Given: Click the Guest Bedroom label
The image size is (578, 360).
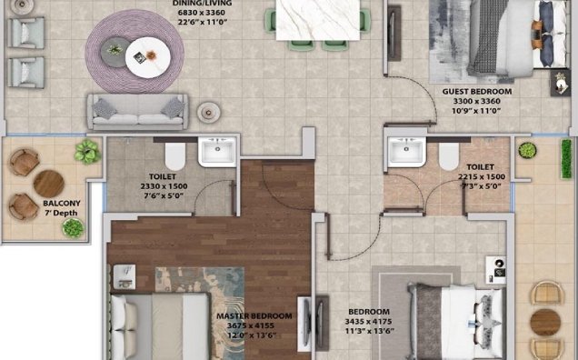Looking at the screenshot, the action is tap(477, 92).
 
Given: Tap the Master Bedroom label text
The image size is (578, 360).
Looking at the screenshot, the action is tap(254, 316).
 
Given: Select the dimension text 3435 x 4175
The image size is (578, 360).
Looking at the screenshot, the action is tap(368, 322).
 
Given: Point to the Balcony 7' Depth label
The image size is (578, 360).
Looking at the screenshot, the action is tap(61, 208).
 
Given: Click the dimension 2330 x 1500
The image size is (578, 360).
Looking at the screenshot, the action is tap(164, 186).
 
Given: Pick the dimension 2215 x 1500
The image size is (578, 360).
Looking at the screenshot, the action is tap(482, 176).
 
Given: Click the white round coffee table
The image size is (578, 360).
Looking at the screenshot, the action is tap(147, 57).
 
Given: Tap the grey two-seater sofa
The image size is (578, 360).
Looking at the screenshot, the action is tap(137, 112).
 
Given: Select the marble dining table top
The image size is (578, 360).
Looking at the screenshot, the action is tap(318, 20).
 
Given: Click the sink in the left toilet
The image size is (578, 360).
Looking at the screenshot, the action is tap(216, 152).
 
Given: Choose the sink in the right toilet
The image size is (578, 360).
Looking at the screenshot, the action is tap(406, 152).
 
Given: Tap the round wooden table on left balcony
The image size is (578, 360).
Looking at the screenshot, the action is tap(49, 184).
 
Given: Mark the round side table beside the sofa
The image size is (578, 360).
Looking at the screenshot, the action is tap(209, 112).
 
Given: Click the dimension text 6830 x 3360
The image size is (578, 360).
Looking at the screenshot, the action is tap(201, 13).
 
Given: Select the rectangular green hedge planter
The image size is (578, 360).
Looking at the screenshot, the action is tap(566, 158).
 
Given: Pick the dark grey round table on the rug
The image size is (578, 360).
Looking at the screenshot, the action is tap(115, 52).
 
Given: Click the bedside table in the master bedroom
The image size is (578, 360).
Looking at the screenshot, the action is tap(125, 276).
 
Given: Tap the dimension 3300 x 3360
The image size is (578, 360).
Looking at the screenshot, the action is tap(476, 101).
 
